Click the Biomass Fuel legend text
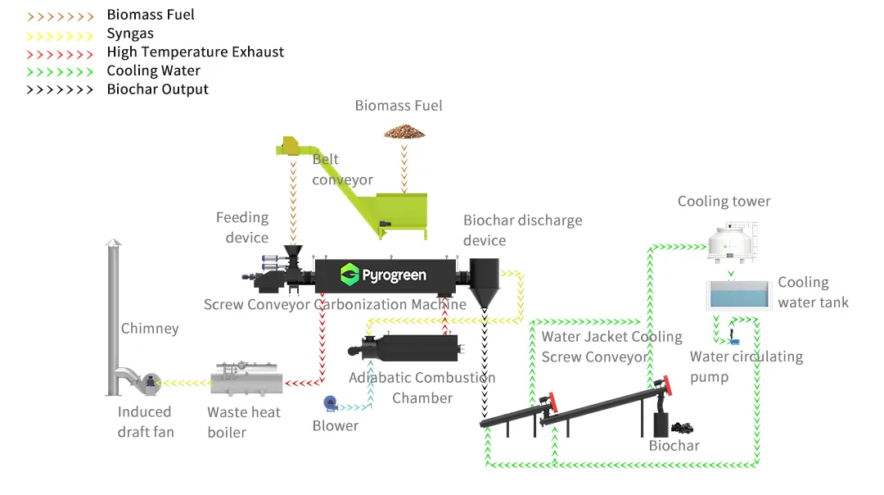pyautogui.click(x=151, y=15)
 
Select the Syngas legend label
pyautogui.click(x=130, y=34)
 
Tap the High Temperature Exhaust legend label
pyautogui.click(x=195, y=52)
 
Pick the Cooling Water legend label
pyautogui.click(x=153, y=70)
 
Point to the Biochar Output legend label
pyautogui.click(x=157, y=89)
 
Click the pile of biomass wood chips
pyautogui.click(x=404, y=131)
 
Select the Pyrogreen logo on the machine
pyautogui.click(x=384, y=275)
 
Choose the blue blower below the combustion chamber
pyautogui.click(x=330, y=402)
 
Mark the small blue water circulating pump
pyautogui.click(x=733, y=337)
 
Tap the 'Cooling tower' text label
pyautogui.click(x=724, y=201)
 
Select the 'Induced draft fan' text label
pyautogui.click(x=145, y=421)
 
